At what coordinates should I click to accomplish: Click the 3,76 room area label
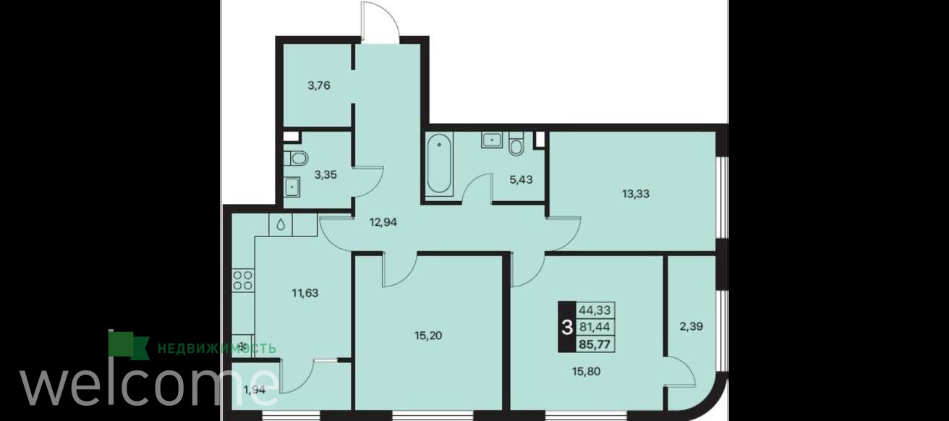pos(319,86)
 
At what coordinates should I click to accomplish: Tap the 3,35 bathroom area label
pos(325,175)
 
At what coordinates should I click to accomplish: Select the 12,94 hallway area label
pos(383,222)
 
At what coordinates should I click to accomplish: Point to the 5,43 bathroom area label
pos(521,179)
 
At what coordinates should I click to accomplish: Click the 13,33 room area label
pos(636,194)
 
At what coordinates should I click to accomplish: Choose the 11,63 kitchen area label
pos(305,293)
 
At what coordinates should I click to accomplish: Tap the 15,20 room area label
pos(428,336)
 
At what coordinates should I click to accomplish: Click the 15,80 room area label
pos(587,371)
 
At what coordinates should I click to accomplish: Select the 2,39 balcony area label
pos(691,326)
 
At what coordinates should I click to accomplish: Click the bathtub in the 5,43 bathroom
pos(439,165)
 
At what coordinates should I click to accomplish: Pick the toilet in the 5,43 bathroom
pos(516,144)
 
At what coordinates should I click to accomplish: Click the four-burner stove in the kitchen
pos(243,281)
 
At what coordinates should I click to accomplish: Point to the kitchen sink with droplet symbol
pos(281,224)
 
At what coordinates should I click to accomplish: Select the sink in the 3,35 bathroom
pos(292,187)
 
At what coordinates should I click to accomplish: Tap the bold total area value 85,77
pos(595,344)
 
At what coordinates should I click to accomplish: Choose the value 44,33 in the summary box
pos(595,310)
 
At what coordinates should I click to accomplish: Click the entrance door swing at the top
pos(380,21)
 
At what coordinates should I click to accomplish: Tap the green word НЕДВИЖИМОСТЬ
pos(217,349)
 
